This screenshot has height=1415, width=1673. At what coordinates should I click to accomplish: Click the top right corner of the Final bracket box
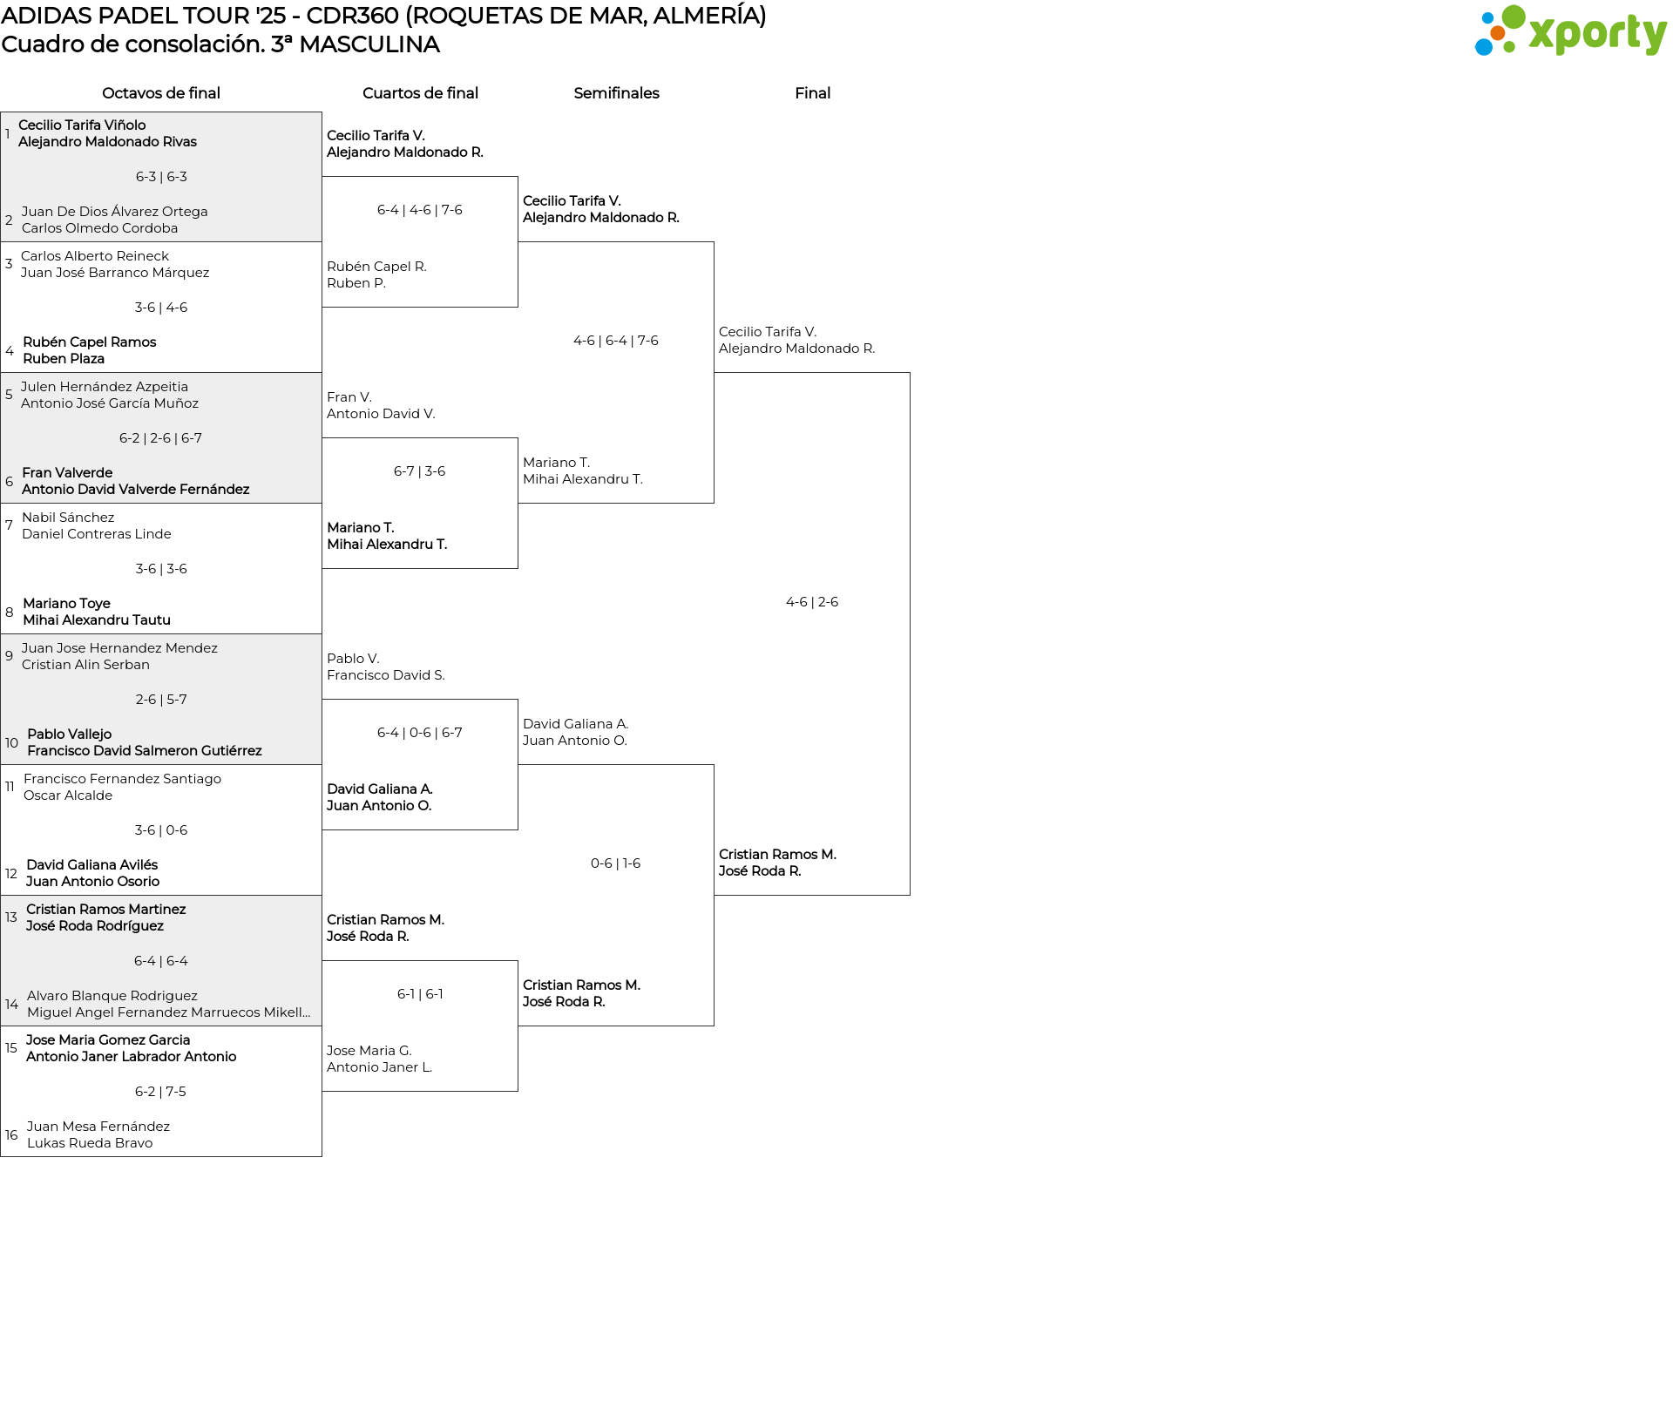(910, 373)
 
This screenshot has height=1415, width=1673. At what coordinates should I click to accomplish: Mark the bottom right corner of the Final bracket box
(910, 895)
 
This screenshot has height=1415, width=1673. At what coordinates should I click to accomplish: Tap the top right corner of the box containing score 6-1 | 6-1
(518, 961)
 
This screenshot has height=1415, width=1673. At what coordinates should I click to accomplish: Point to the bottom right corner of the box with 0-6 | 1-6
(714, 1026)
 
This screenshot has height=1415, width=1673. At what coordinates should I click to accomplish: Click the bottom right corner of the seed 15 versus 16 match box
(322, 1156)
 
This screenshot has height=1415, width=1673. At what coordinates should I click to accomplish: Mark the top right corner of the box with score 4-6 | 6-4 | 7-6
(714, 242)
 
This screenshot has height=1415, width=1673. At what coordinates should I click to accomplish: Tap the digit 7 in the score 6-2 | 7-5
(169, 1092)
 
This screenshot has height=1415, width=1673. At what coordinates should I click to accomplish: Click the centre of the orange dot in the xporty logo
(1497, 33)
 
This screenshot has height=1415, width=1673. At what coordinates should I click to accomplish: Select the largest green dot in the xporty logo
(1514, 17)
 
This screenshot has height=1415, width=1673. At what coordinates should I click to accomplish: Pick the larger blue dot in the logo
(1484, 46)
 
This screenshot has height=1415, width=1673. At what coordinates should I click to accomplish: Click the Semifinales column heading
(616, 93)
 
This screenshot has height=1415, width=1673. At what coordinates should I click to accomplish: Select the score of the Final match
(812, 602)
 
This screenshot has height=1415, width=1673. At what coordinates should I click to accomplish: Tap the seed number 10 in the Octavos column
(11, 743)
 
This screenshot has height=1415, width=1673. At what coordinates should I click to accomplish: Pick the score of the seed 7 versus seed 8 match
(161, 569)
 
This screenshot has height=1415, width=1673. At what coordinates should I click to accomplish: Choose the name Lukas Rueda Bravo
(90, 1143)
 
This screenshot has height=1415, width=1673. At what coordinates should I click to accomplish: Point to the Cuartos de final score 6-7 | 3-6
(419, 471)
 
